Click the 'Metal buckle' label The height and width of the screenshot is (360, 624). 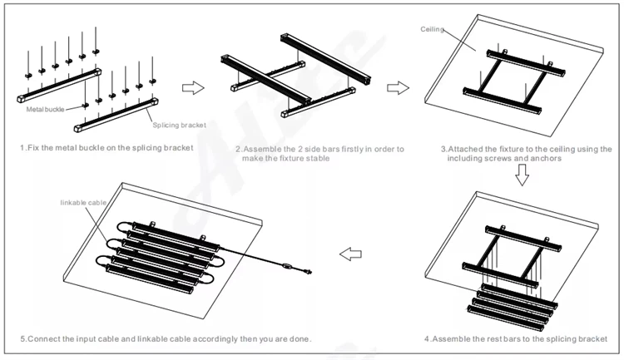(43, 108)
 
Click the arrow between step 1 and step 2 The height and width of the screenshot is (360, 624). (193, 87)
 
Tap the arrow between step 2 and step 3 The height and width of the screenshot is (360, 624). (399, 87)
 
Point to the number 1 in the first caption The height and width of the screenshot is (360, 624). (22, 147)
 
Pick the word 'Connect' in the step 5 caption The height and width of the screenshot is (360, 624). (44, 338)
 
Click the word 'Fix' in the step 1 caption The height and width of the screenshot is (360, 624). (33, 147)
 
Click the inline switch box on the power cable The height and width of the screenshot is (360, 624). (287, 265)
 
